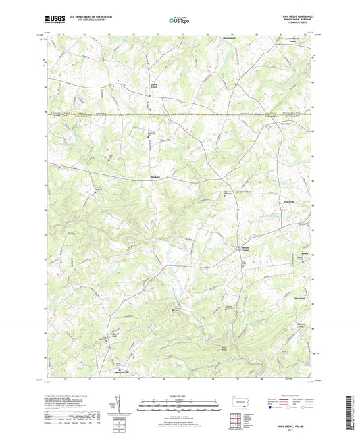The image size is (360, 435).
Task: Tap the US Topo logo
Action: pyautogui.click(x=180, y=20)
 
